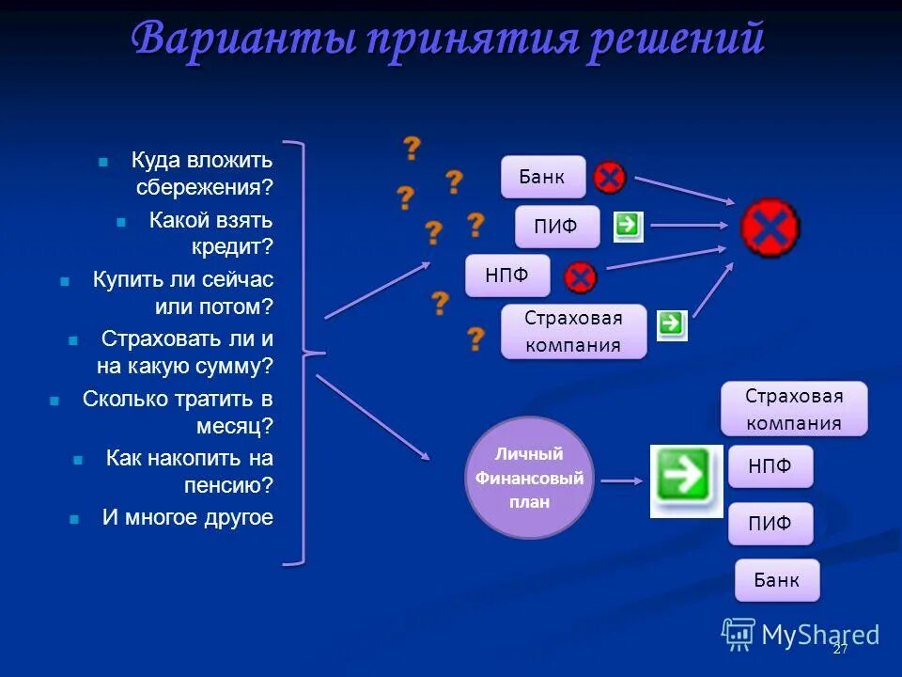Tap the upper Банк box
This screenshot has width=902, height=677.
pos(542,177)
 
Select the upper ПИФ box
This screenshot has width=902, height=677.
pos(556,227)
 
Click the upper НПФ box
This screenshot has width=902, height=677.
pos(506,276)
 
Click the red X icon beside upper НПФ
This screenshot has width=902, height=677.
pos(581,276)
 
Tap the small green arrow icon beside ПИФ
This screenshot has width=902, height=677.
pos(628,225)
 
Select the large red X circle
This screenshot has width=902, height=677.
pos(770,228)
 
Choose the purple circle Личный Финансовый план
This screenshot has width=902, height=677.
pos(530,478)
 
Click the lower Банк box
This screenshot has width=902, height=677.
pos(777,580)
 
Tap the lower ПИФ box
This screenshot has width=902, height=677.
pos(770,524)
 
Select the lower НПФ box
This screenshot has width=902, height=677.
pos(770,466)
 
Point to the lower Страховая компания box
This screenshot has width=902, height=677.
pos(794,408)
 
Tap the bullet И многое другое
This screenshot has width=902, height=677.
pos(187,517)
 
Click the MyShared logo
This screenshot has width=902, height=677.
pos(801,635)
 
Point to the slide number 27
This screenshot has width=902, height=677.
pos(840,650)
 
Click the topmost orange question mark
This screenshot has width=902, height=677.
pos(411,148)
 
